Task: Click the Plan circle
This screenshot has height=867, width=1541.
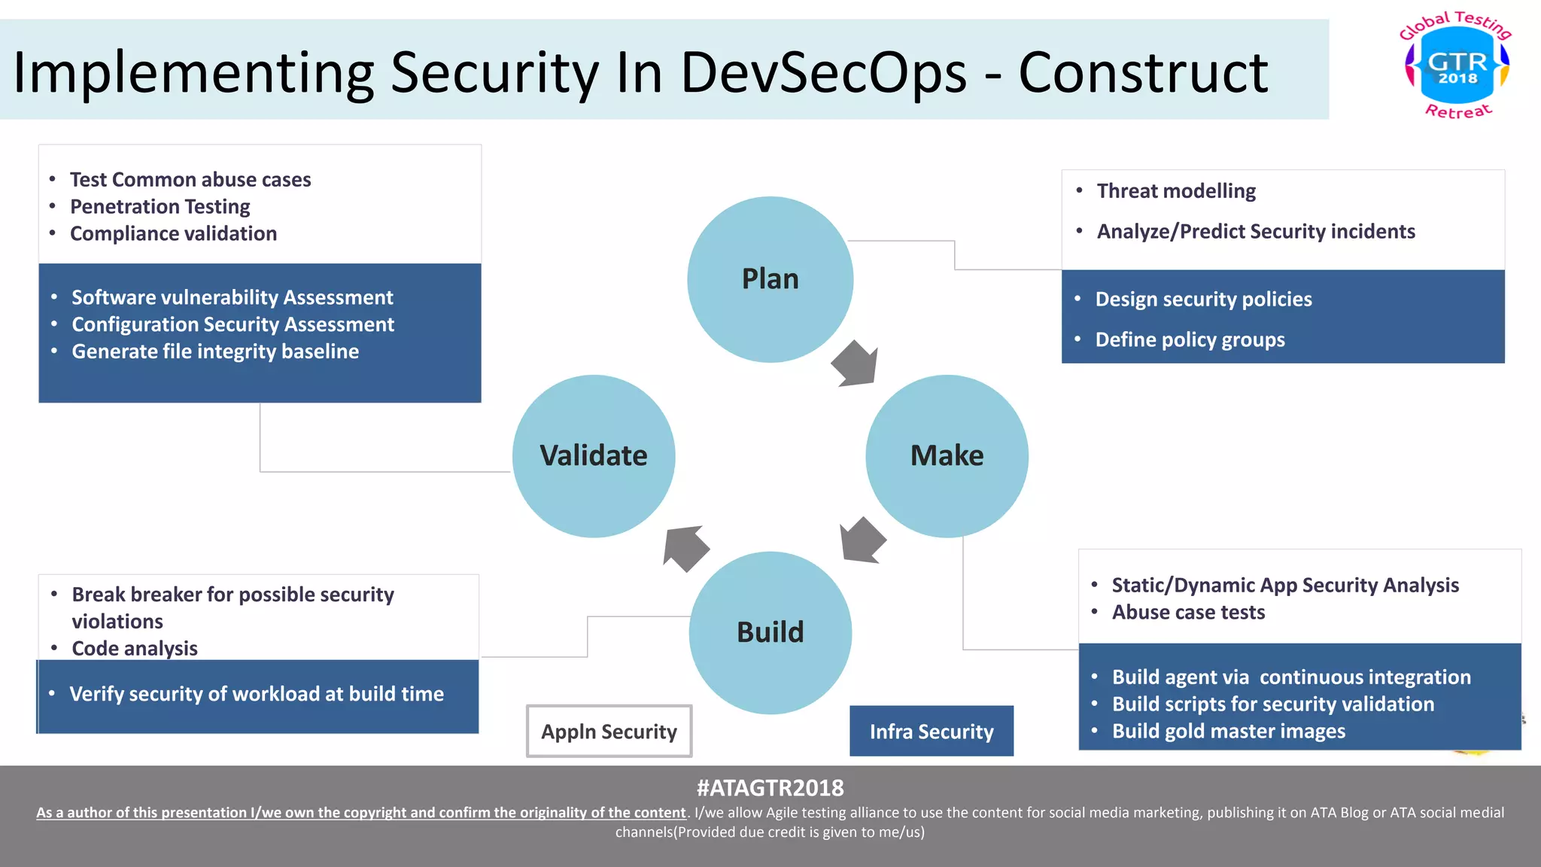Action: tap(770, 279)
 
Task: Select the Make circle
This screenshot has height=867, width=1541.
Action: tap(947, 456)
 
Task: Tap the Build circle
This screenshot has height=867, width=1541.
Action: tap(770, 632)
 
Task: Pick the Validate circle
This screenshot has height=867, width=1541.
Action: tap(594, 456)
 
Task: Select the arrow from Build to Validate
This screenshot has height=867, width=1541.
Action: tap(685, 548)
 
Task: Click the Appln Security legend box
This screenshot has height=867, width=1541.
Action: tap(609, 732)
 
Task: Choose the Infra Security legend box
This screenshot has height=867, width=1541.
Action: tap(931, 732)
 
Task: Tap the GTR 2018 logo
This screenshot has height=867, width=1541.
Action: tap(1457, 66)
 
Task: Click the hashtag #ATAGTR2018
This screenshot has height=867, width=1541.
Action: tap(770, 788)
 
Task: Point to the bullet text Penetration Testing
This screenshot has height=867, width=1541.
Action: tap(160, 207)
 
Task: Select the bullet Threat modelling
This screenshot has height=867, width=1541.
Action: tap(1175, 191)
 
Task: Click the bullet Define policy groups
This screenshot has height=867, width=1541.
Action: tap(1190, 340)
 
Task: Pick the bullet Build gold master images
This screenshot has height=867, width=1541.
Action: tap(1228, 732)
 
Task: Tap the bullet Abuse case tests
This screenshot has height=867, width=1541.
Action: tap(1188, 613)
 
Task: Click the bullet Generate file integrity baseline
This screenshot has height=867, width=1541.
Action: tap(215, 351)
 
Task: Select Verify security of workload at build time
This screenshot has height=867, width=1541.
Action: tap(257, 694)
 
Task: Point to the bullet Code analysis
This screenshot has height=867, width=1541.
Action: tap(135, 649)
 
